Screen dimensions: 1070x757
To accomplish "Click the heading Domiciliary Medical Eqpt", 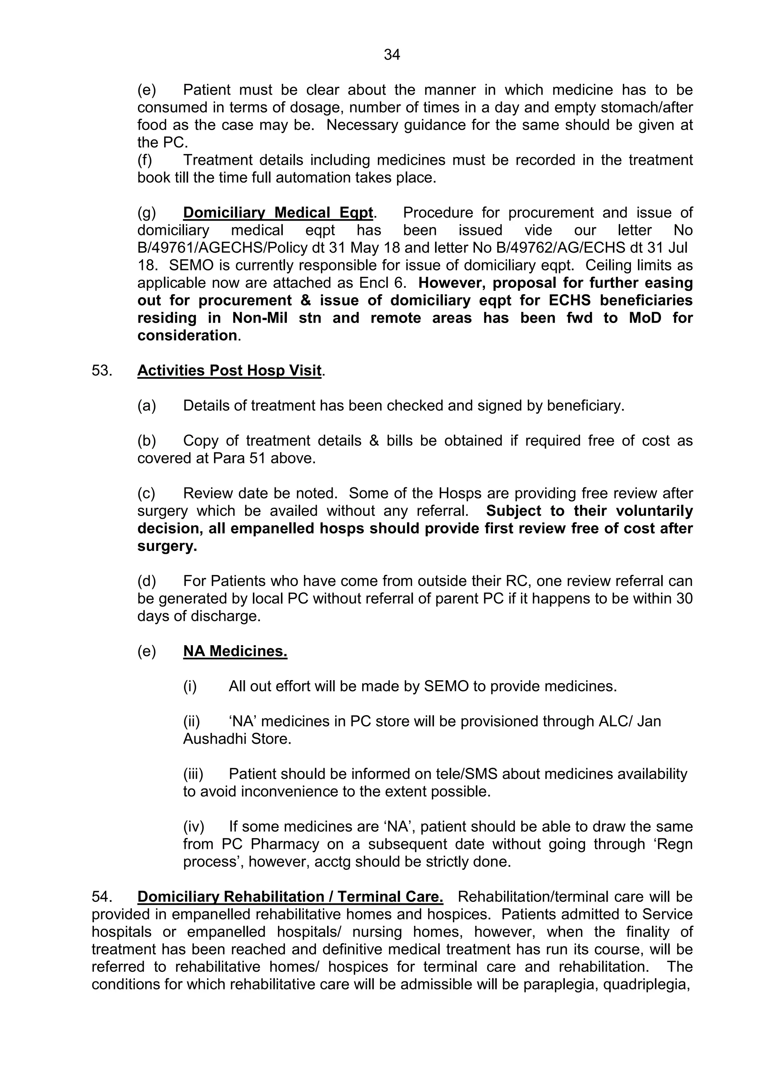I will (278, 212).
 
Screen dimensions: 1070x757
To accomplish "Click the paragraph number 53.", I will (101, 371).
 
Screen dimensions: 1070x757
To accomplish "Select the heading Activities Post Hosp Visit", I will (229, 371).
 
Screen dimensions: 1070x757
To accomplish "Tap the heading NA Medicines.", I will (235, 651).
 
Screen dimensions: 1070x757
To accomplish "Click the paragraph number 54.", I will (101, 897).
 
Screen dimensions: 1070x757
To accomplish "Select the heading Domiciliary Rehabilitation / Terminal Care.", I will (290, 897).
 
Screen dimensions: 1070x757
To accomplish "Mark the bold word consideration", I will (187, 335).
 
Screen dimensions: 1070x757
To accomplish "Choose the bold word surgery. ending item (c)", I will (167, 546).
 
